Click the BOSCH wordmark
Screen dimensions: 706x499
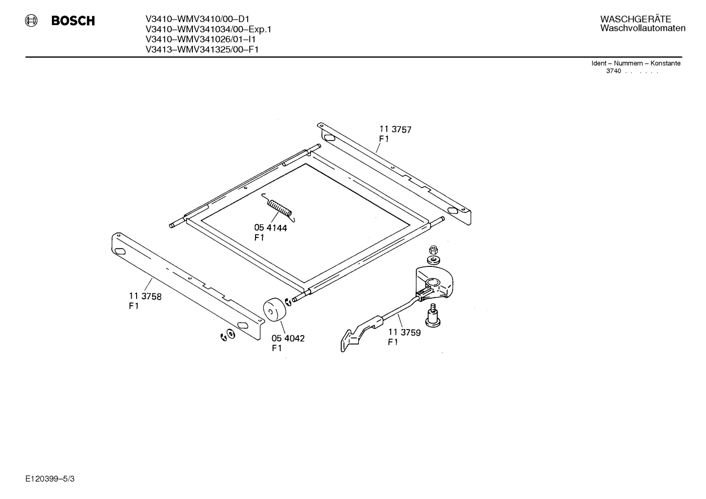click(73, 21)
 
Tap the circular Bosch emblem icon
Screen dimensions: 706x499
click(31, 21)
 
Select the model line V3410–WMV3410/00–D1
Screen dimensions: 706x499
click(197, 19)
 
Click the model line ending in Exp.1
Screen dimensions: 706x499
click(209, 29)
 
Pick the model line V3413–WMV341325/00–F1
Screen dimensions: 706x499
click(202, 49)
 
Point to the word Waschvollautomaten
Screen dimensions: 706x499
click(643, 28)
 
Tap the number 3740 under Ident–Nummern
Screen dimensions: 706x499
click(613, 71)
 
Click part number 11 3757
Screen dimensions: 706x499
click(395, 129)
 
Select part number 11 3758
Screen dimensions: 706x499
click(145, 296)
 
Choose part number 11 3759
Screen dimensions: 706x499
click(404, 332)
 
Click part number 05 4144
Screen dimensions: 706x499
click(270, 228)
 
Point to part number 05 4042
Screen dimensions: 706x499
click(288, 338)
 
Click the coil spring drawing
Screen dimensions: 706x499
click(279, 208)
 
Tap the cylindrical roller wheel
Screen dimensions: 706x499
click(274, 309)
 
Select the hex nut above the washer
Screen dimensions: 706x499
click(433, 250)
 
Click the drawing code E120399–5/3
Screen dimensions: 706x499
click(50, 479)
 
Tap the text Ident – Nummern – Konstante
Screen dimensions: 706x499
click(635, 63)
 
